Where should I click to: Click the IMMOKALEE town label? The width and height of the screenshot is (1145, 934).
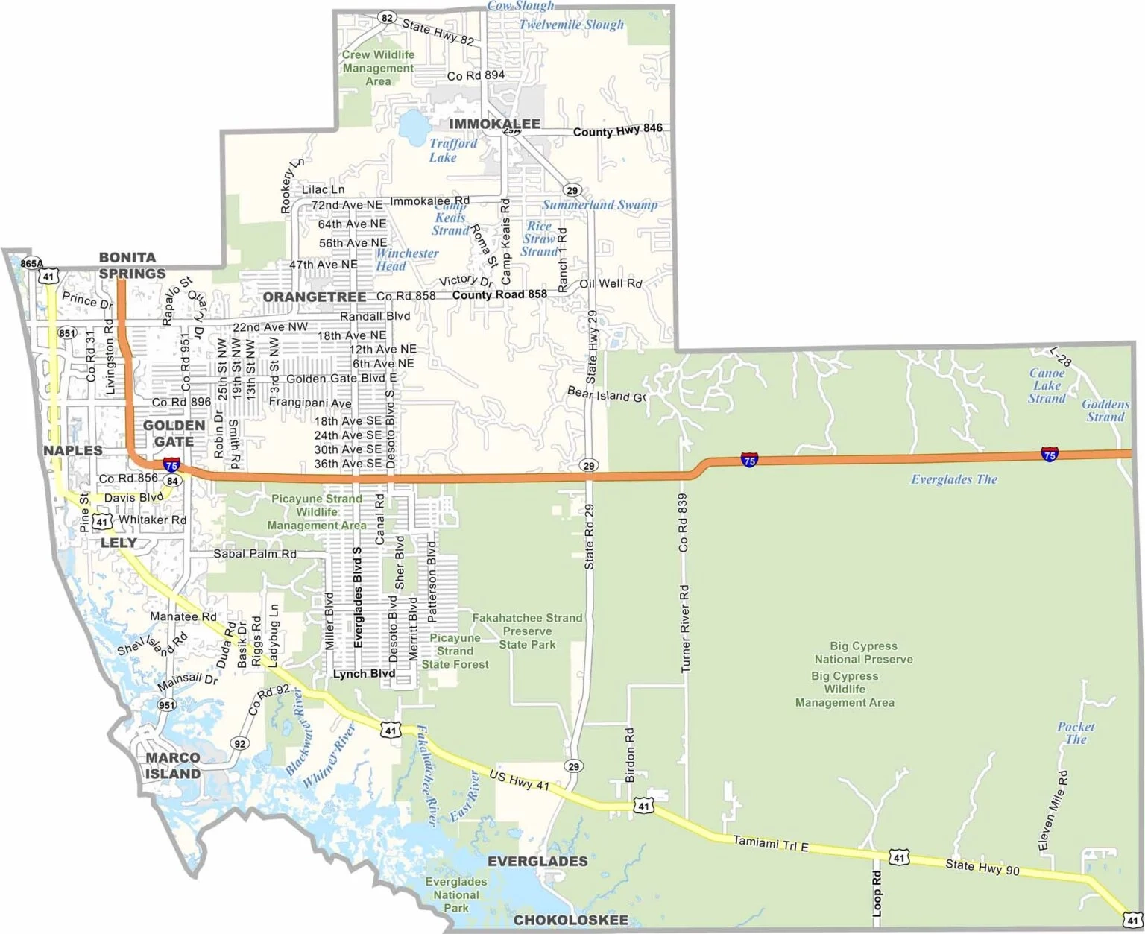pyautogui.click(x=494, y=124)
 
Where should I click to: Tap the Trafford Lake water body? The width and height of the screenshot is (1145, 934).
pyautogui.click(x=410, y=127)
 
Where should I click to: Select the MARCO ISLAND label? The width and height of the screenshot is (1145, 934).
pyautogui.click(x=173, y=766)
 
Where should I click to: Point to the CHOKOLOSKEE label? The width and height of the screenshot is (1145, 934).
pyautogui.click(x=571, y=920)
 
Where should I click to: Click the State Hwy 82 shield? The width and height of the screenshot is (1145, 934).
pyautogui.click(x=385, y=18)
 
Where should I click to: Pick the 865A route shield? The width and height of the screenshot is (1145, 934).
pyautogui.click(x=31, y=263)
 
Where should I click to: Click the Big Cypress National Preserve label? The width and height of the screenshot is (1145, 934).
pyautogui.click(x=863, y=652)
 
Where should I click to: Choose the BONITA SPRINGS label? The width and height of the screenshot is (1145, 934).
pyautogui.click(x=132, y=265)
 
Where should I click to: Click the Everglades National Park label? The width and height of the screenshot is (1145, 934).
pyautogui.click(x=455, y=894)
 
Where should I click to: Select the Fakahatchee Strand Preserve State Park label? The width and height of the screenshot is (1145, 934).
pyautogui.click(x=527, y=631)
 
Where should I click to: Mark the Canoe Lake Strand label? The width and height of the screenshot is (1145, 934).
pyautogui.click(x=1047, y=385)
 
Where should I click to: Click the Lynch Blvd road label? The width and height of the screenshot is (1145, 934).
pyautogui.click(x=363, y=674)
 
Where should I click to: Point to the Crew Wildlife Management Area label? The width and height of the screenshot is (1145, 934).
pyautogui.click(x=378, y=68)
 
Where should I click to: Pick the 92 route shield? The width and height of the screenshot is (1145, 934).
pyautogui.click(x=239, y=743)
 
